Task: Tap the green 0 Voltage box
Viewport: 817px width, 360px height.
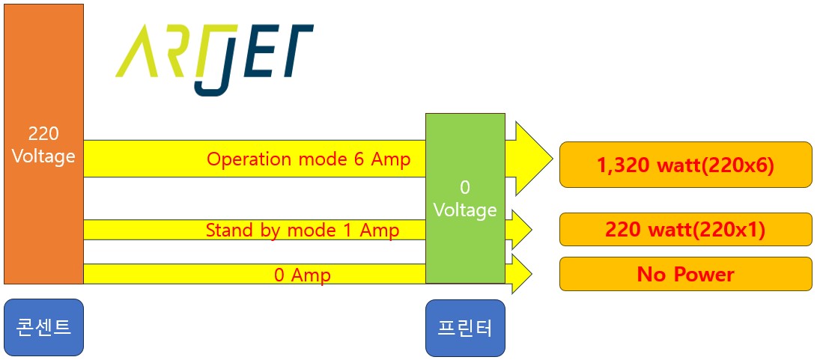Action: point(465,199)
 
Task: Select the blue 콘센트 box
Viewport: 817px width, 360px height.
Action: point(43,327)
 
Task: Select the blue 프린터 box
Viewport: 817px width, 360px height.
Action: point(465,327)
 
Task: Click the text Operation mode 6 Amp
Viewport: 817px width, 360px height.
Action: point(309,159)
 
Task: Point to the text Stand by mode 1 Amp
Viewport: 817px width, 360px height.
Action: point(303,231)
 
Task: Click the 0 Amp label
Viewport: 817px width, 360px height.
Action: point(303,275)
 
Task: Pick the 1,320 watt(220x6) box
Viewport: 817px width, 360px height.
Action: point(685,164)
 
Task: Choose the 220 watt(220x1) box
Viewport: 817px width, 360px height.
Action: point(685,230)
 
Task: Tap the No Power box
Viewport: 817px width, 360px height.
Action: point(685,274)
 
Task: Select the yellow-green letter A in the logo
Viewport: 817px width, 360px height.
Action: point(140,52)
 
